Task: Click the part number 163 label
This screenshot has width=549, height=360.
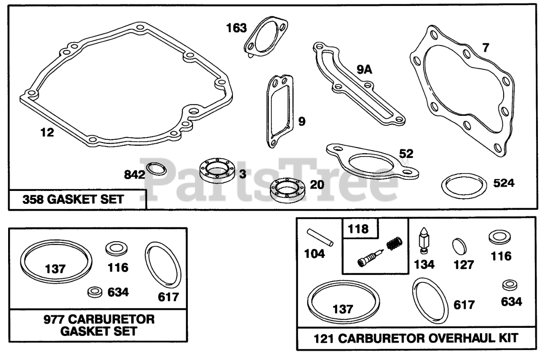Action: click(236, 28)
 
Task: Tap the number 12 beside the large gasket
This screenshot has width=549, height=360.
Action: click(47, 133)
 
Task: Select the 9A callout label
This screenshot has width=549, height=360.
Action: click(365, 70)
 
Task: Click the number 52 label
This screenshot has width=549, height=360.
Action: click(406, 154)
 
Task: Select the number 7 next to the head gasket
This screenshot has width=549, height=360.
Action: click(486, 48)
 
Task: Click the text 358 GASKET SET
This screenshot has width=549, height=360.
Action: click(73, 200)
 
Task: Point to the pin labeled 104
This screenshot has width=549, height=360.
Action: click(320, 237)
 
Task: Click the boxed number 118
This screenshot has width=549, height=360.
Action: click(358, 229)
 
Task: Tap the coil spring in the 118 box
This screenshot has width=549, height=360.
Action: click(394, 244)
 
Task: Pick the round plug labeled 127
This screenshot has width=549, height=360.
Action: click(459, 246)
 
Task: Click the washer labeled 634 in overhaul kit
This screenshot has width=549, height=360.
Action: click(510, 285)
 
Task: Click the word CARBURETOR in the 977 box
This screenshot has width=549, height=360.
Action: click(111, 319)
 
